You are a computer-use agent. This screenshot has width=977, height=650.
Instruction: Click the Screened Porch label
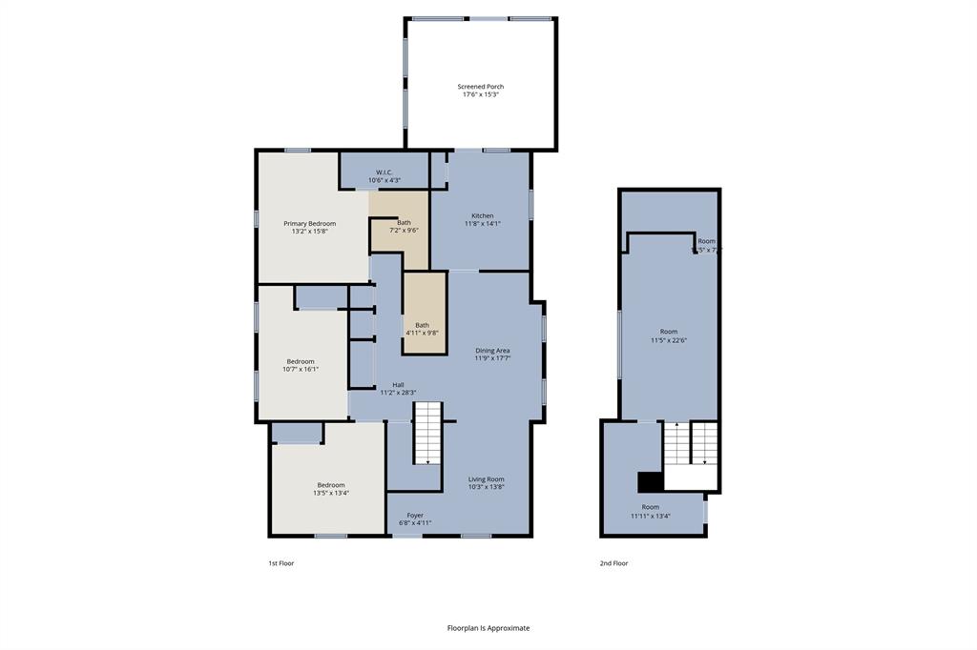pos(481,87)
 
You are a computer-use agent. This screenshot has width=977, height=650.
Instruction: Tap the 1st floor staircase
pos(428,433)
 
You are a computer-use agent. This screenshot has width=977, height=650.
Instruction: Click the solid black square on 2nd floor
pos(650,481)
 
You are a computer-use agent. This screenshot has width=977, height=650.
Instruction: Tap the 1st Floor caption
pos(281,563)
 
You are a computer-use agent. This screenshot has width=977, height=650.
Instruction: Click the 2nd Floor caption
pos(613,563)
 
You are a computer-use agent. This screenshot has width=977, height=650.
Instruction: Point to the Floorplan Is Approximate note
pos(488,628)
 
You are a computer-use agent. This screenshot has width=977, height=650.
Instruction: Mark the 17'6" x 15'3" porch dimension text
pos(481,94)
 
